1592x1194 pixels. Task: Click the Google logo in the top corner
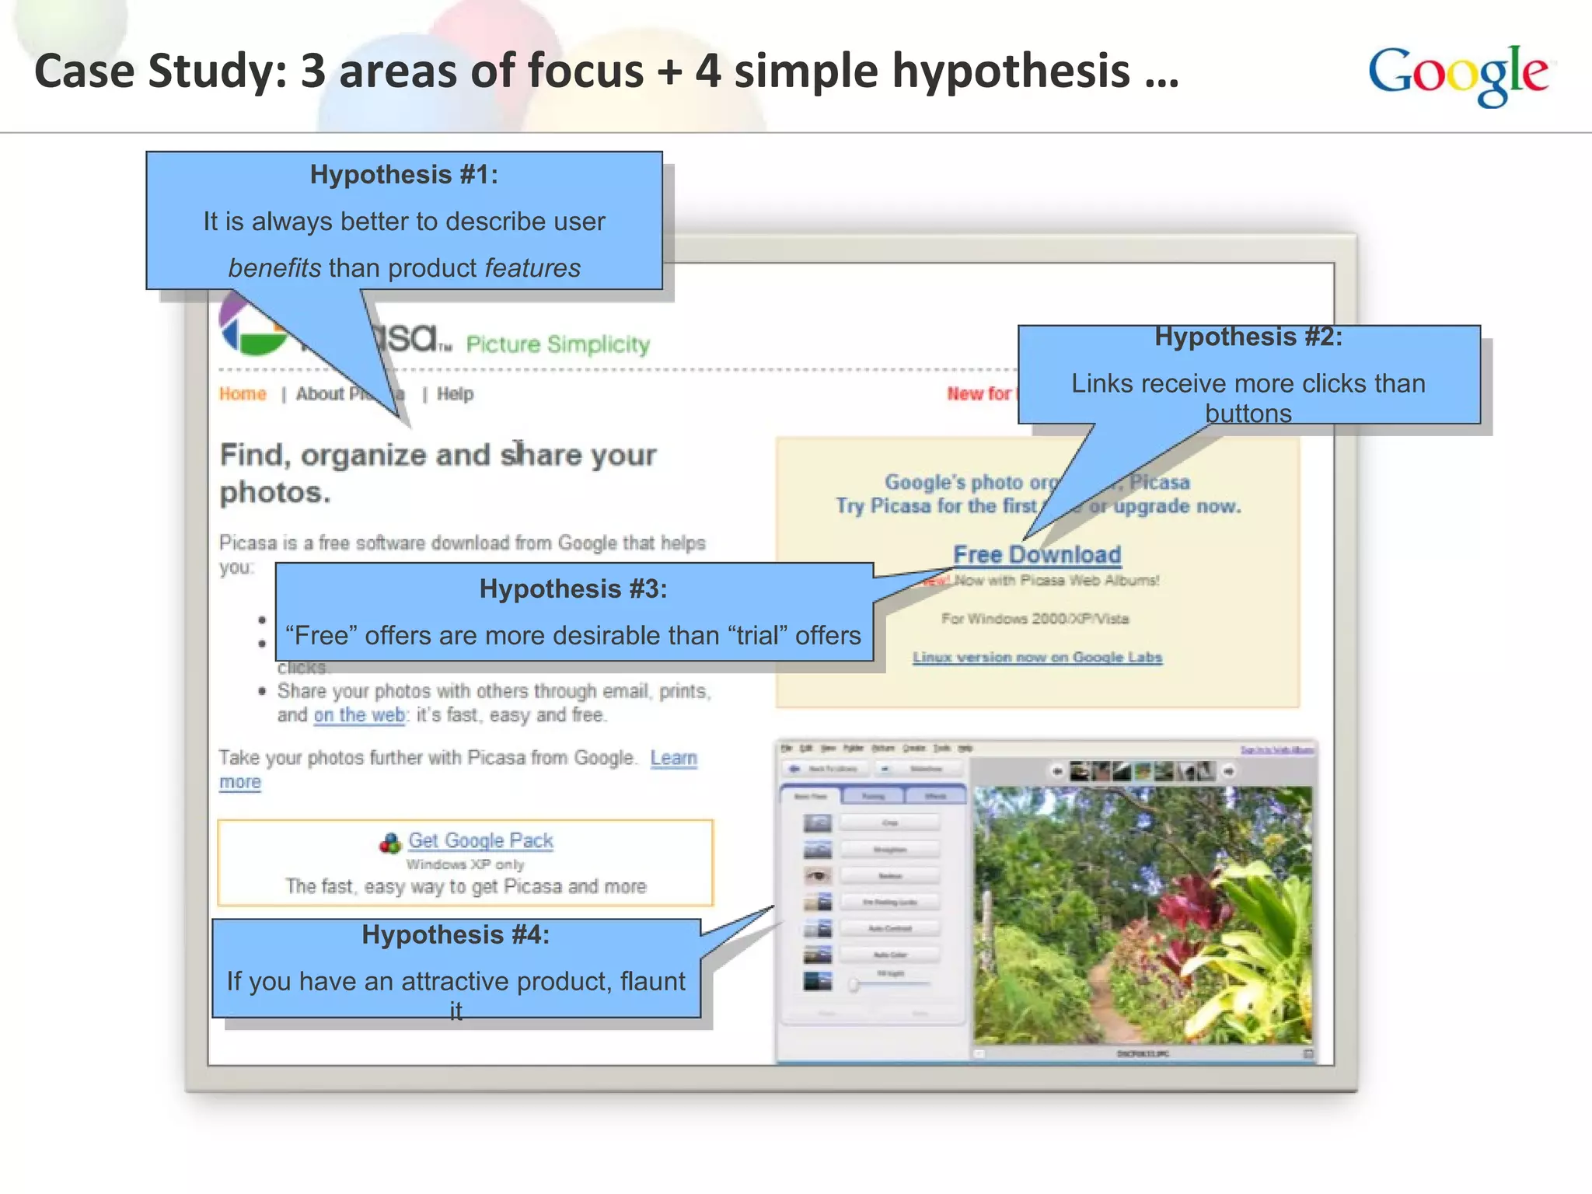click(1458, 75)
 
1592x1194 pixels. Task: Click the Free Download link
click(1037, 554)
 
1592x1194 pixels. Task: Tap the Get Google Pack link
click(480, 840)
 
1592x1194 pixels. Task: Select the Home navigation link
click(243, 394)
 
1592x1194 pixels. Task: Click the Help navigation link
click(455, 394)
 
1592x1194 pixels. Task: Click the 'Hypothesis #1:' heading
click(403, 175)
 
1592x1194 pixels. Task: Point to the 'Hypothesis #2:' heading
click(1248, 337)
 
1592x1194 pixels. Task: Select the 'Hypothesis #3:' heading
click(573, 589)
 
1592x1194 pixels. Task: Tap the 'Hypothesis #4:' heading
click(456, 934)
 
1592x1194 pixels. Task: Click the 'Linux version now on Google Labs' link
click(1037, 658)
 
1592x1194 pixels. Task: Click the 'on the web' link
click(359, 715)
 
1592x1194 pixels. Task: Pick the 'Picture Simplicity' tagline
click(557, 344)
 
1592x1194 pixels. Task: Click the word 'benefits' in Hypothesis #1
click(274, 268)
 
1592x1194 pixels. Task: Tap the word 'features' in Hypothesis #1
click(532, 268)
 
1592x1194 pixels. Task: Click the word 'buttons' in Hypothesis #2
click(1248, 414)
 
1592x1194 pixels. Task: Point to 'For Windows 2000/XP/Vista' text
click(1035, 619)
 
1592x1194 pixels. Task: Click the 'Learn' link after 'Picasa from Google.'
click(673, 758)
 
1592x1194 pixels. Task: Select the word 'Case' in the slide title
click(84, 72)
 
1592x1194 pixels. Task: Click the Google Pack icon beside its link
click(389, 843)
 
